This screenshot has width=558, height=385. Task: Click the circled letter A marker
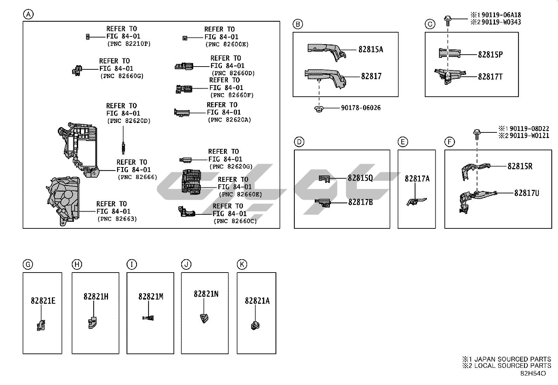[x=28, y=14]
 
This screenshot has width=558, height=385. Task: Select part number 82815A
[x=370, y=49]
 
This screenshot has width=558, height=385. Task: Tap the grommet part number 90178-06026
[x=360, y=108]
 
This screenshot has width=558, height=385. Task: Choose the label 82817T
[x=490, y=76]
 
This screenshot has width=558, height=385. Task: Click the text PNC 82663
[x=117, y=219]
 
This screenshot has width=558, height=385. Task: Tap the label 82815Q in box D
[x=360, y=178]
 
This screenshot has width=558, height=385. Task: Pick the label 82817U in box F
[x=526, y=193]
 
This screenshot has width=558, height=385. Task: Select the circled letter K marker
[x=241, y=264]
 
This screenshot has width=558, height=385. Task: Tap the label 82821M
[x=151, y=296]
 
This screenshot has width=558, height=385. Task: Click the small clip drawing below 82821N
[x=204, y=318]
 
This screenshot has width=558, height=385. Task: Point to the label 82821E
[x=43, y=301]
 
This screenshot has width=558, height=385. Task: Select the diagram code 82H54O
[x=533, y=373]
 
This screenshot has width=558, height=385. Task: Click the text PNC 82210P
[x=128, y=44]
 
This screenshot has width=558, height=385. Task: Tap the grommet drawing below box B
[x=318, y=109]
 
